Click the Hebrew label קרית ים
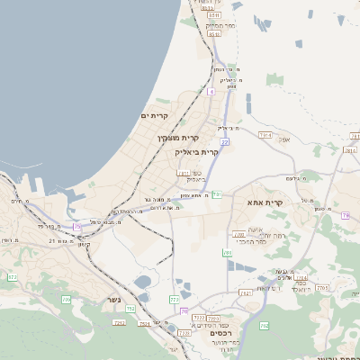point(156,116)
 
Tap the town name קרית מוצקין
point(176,138)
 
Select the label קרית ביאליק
point(198,152)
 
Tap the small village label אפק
point(284,139)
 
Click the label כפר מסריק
point(220,26)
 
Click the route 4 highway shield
point(211,91)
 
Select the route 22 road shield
point(224,141)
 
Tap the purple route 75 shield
point(77,227)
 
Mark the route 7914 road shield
point(265,135)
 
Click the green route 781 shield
point(217,193)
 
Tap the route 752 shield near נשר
point(131,309)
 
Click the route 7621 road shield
point(246,293)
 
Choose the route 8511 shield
point(214,15)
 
